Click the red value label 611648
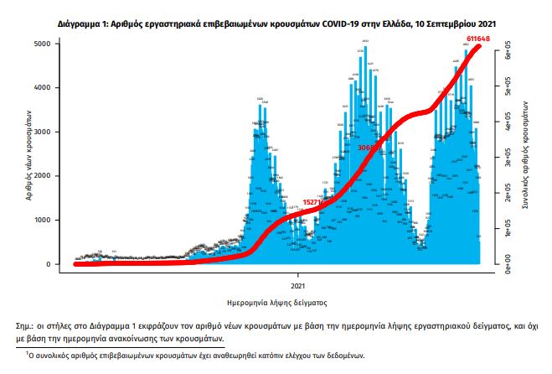[479, 39]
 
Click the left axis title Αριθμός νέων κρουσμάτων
[29, 153]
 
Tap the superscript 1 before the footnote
[25, 353]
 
